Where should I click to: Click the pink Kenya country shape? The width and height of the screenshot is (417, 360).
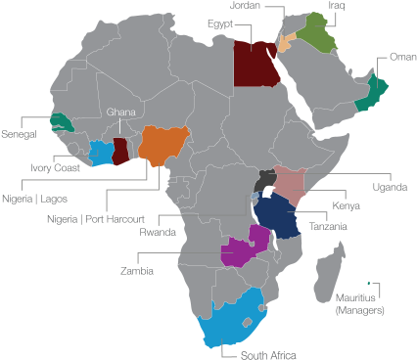(x=291, y=182)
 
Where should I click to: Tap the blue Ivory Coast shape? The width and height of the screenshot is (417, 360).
(x=101, y=153)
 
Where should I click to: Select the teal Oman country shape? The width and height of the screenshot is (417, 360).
(x=372, y=93)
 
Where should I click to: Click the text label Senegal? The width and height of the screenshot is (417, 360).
(x=19, y=132)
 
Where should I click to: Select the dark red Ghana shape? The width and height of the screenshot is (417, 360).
(x=120, y=152)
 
